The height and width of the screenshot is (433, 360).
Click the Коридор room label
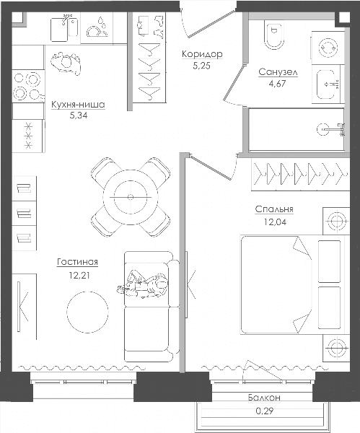202,54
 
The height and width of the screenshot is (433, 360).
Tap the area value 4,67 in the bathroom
277,84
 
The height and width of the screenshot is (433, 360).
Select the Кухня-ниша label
78,105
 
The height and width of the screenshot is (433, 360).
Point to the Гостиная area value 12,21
79,275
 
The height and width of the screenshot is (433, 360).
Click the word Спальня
274,209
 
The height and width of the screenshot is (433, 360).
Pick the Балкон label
264,398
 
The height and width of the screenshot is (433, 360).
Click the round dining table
131,197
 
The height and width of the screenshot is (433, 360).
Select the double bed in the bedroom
291,285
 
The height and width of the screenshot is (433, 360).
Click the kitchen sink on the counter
63,28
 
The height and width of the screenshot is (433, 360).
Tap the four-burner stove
28,86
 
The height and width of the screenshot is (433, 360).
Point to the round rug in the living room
87,312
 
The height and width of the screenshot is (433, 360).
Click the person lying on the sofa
144,284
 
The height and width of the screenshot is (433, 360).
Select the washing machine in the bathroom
328,48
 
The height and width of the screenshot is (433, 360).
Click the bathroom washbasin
328,84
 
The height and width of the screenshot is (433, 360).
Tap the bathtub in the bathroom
297,129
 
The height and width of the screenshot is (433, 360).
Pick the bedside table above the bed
336,222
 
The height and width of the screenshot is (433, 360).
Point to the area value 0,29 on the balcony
264,411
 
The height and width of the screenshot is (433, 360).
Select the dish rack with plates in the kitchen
97,28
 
